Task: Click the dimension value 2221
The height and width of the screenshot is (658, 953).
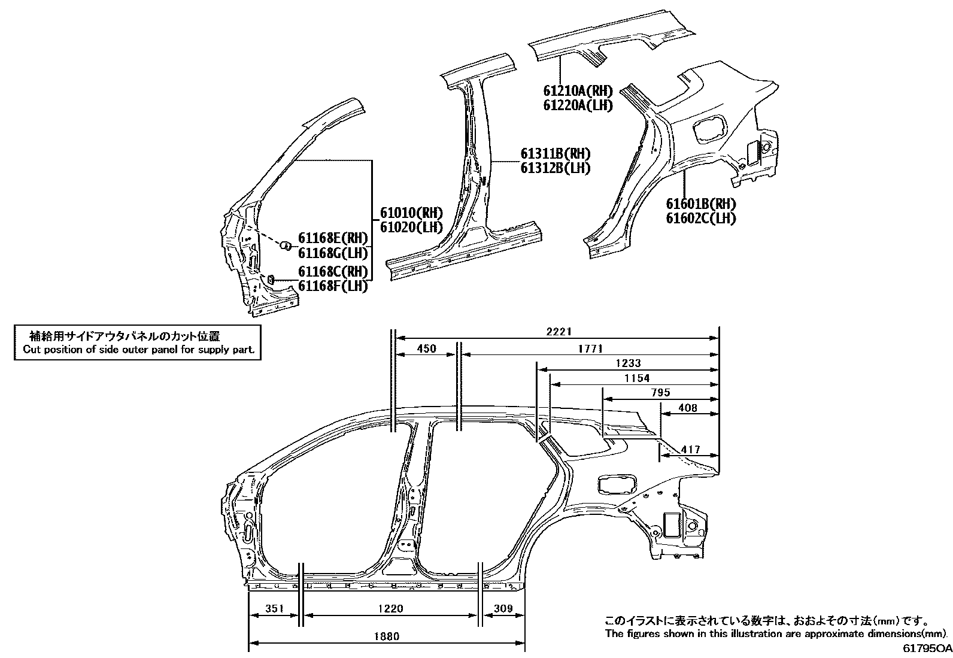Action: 559,332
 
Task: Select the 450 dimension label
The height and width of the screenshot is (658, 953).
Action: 426,348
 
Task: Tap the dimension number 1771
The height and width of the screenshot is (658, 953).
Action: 590,348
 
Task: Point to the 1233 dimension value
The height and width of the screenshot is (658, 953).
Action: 628,363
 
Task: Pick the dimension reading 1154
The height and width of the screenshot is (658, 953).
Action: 637,378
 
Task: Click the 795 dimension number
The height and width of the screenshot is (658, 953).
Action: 660,392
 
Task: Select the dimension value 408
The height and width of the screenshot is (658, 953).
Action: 688,408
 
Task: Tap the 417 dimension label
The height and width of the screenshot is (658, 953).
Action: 690,449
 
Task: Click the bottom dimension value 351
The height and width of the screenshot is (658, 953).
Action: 274,609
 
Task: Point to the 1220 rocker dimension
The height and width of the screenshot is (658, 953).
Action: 390,609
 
